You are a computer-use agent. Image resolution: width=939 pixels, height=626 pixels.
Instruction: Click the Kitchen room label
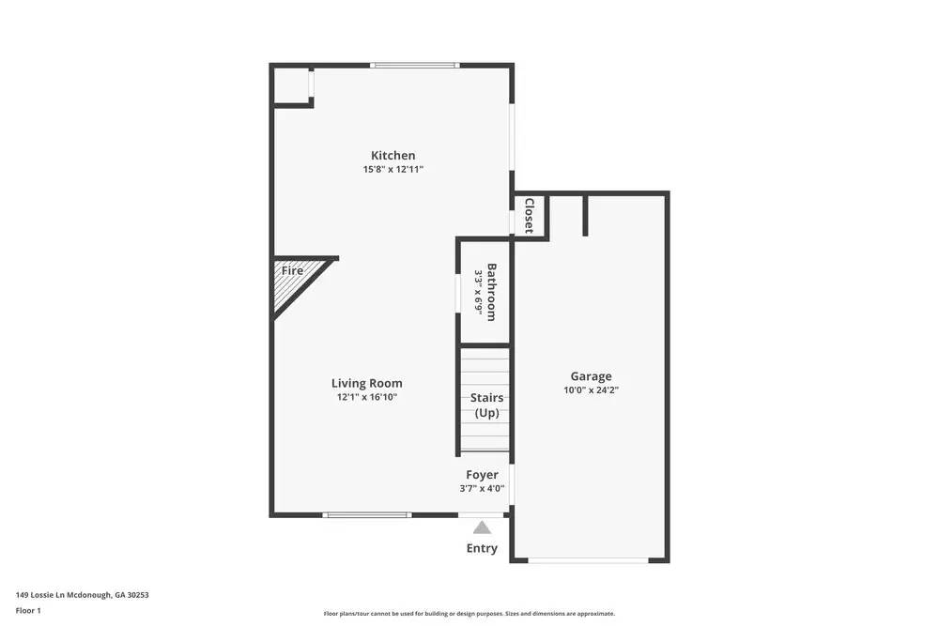click(x=393, y=156)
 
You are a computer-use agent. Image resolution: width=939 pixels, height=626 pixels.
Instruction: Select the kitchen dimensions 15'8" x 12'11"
click(x=393, y=170)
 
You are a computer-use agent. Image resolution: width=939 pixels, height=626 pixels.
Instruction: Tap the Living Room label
click(x=366, y=383)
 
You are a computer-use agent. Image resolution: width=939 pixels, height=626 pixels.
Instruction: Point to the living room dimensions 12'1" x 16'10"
click(x=367, y=397)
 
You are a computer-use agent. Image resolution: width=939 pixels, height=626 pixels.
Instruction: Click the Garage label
click(x=591, y=376)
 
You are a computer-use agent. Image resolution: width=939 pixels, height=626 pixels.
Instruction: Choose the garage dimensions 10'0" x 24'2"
click(x=591, y=390)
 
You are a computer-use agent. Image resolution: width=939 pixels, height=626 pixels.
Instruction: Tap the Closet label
click(x=530, y=216)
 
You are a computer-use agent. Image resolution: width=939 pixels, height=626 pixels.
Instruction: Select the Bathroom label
click(x=491, y=293)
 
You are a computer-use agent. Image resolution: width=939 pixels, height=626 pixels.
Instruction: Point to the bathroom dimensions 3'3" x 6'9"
click(x=478, y=293)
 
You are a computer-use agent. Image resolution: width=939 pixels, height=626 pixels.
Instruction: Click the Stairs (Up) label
click(x=486, y=405)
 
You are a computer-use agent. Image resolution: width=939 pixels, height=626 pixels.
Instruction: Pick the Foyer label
click(x=482, y=475)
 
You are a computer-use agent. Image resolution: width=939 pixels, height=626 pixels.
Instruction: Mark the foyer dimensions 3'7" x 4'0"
click(x=482, y=488)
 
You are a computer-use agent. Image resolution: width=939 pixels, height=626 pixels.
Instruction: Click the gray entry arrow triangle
click(x=482, y=527)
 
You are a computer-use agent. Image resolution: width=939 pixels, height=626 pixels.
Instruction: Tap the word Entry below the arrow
click(x=482, y=548)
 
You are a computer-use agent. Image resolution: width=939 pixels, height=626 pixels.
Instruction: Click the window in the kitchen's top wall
click(x=414, y=65)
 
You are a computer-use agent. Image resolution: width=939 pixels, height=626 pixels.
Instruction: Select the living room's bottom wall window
click(x=366, y=514)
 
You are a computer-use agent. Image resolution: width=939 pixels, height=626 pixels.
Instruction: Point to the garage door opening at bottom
click(x=588, y=560)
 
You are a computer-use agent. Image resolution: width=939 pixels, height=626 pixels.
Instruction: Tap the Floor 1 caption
click(x=28, y=611)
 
